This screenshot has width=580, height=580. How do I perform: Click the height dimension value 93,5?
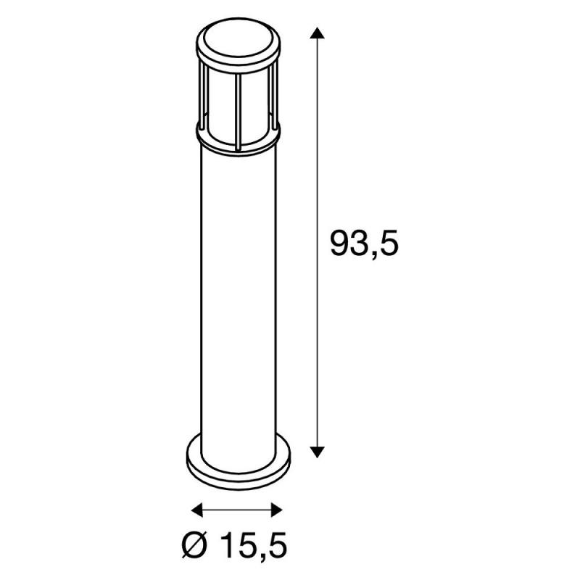click(365, 244)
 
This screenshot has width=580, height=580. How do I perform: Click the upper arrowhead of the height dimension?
click(315, 33)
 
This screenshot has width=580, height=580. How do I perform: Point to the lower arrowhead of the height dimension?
click(315, 451)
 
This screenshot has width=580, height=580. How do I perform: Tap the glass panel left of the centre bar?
click(220, 109)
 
